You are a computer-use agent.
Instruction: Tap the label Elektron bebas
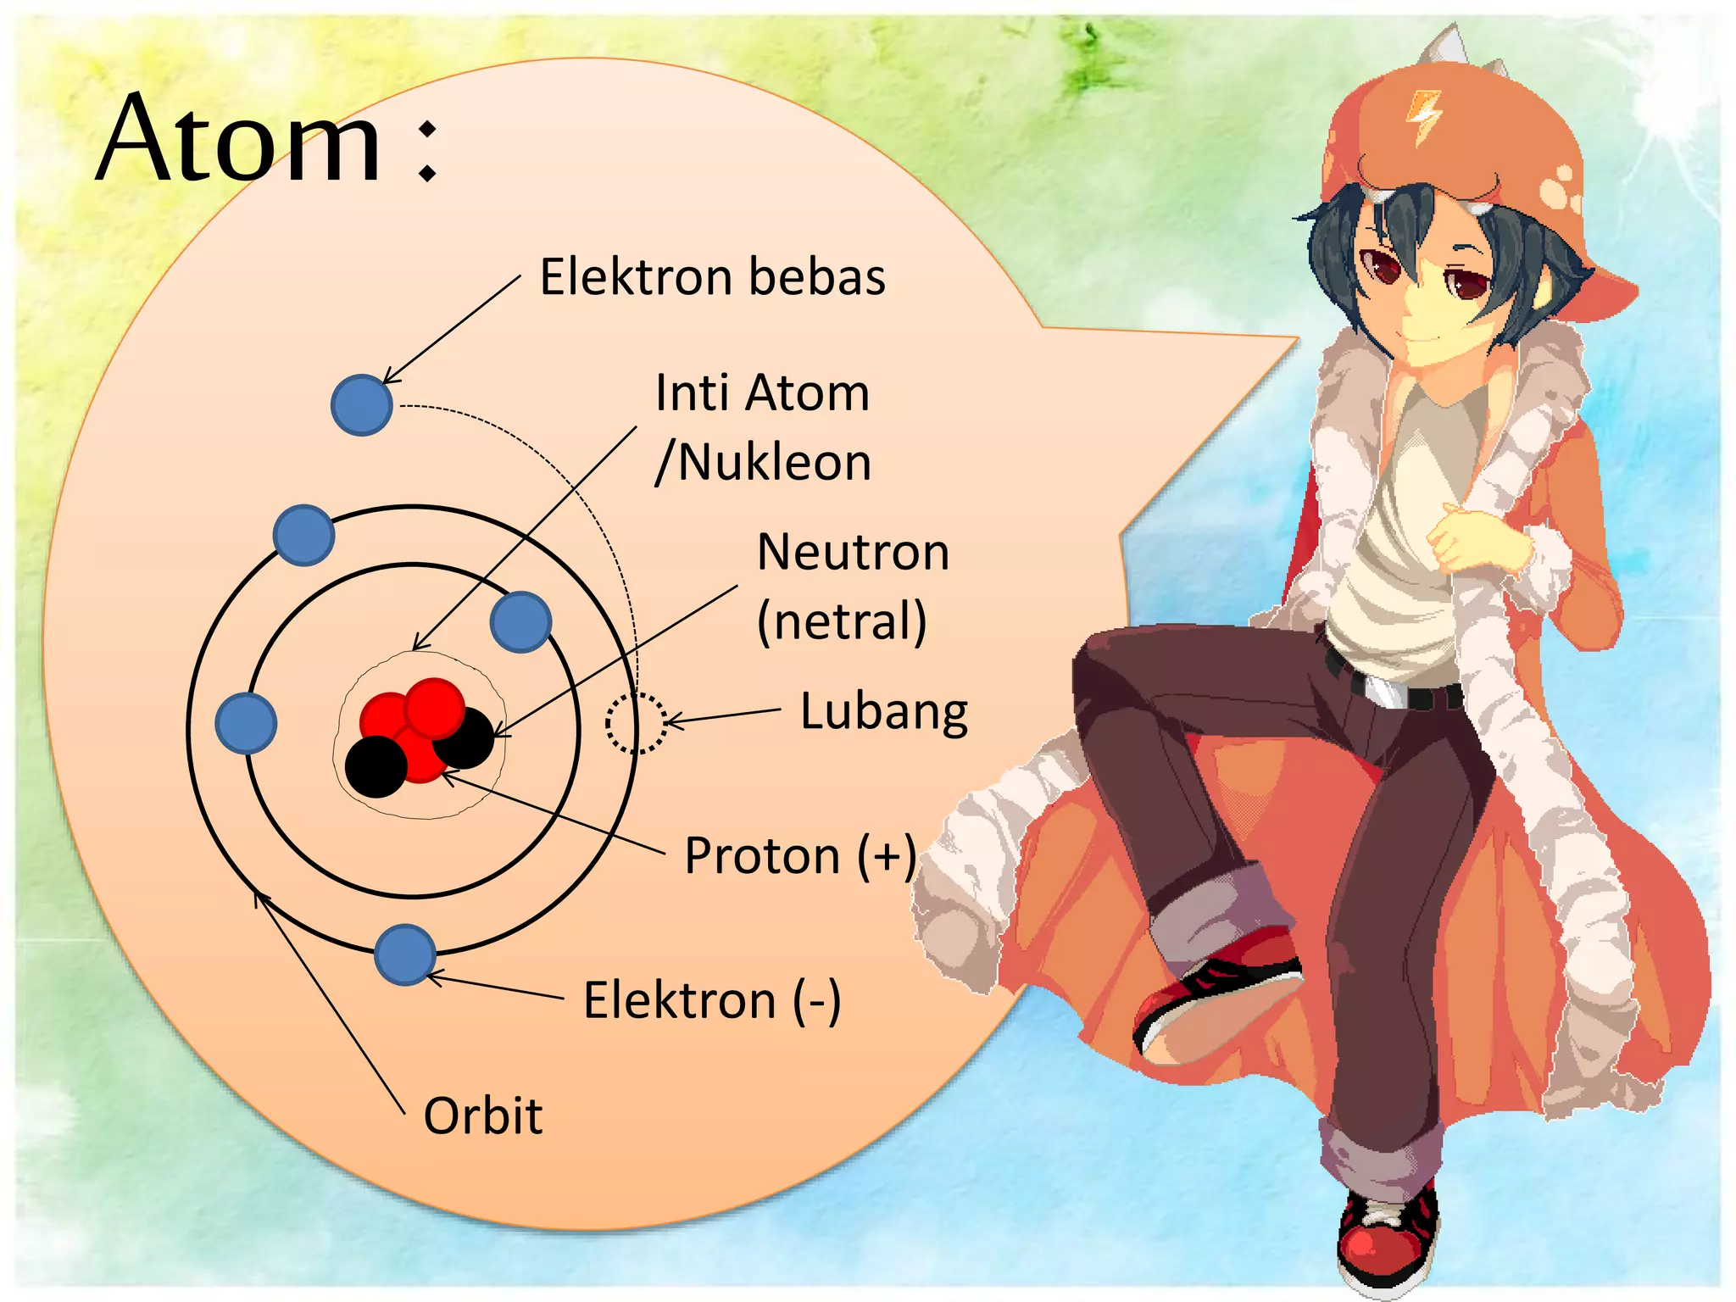(x=712, y=277)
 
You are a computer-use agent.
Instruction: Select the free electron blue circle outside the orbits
(x=361, y=405)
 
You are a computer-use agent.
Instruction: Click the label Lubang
(x=883, y=712)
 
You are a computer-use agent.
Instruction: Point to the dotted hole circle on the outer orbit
(x=636, y=723)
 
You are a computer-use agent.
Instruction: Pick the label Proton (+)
(x=799, y=856)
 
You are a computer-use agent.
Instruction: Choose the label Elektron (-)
(x=711, y=1000)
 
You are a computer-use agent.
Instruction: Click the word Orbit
(x=482, y=1116)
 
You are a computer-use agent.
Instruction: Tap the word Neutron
(x=853, y=553)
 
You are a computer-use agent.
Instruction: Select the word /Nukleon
(x=763, y=463)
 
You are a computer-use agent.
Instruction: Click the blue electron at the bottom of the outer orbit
(x=405, y=954)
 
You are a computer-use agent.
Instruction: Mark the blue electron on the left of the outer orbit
(x=246, y=723)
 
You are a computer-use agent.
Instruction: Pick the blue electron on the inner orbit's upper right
(x=520, y=622)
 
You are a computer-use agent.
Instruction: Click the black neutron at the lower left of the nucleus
(x=376, y=766)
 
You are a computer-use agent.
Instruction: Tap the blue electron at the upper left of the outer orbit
(x=303, y=535)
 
